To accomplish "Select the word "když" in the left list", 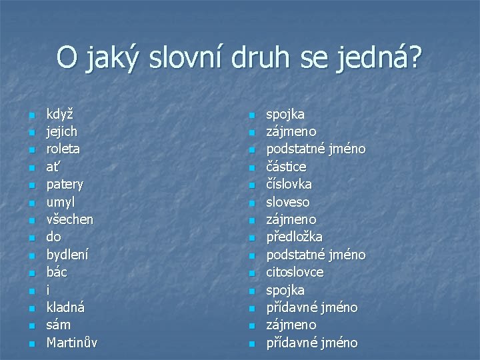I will (x=60, y=114).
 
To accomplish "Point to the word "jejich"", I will (x=62, y=131).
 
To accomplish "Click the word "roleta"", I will (x=63, y=149).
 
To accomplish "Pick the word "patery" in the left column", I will (x=65, y=184).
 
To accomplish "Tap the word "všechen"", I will (x=70, y=219).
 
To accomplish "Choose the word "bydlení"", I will (x=67, y=255).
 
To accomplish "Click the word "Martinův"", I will (x=72, y=343).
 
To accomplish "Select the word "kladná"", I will (x=65, y=307).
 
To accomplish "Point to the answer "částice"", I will (x=287, y=167).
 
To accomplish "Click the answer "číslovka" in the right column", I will (x=289, y=184).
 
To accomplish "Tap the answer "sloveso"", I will (x=288, y=202).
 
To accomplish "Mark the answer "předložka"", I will (x=295, y=237).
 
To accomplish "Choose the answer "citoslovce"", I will (x=295, y=272).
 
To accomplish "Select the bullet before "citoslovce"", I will (x=251, y=273).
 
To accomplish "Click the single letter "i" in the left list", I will (x=48, y=290).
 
